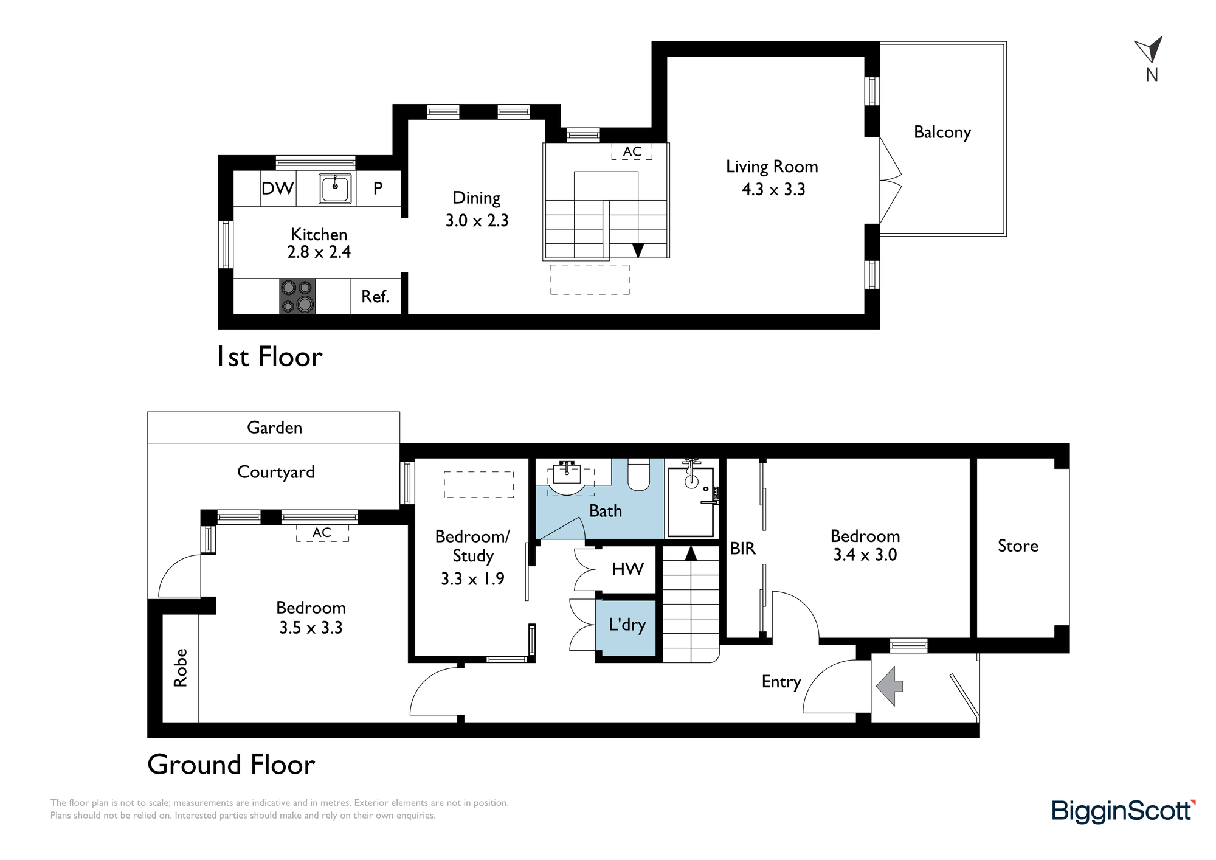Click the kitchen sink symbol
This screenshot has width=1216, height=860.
click(335, 188)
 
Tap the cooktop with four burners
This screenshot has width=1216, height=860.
click(297, 296)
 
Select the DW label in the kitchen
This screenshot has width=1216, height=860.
click(277, 189)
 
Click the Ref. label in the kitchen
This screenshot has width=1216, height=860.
click(375, 297)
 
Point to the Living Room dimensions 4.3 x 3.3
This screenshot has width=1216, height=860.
click(773, 190)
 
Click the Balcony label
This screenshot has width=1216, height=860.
click(942, 133)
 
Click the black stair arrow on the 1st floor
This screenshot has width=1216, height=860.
click(638, 250)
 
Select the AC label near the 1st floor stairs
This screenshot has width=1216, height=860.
click(632, 151)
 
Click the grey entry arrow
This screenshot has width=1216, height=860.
click(890, 686)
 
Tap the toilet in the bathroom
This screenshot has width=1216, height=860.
click(638, 474)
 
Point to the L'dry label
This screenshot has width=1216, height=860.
click(627, 625)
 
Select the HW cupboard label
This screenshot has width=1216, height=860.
click(627, 569)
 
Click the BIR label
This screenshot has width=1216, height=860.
click(743, 549)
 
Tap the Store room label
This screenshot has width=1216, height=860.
click(1018, 546)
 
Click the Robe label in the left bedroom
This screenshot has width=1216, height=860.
click(181, 668)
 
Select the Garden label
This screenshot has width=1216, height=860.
click(274, 428)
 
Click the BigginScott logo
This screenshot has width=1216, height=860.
click(1124, 811)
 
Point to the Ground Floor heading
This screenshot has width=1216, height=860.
click(231, 765)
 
